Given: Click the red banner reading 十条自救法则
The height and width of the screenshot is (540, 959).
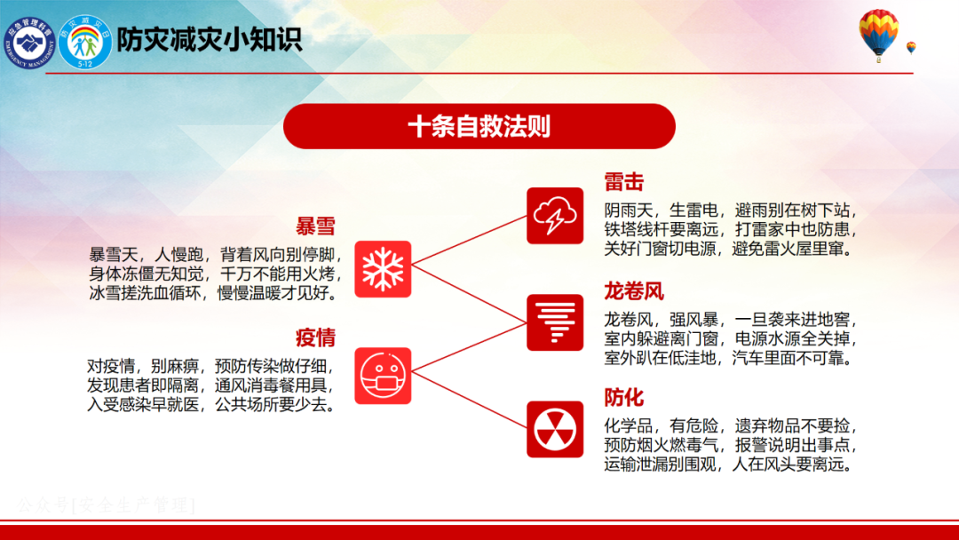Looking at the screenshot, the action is [479, 126].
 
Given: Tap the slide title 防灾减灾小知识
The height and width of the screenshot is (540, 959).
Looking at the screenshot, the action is [210, 40].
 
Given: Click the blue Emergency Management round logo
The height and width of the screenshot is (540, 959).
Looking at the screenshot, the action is [28, 43].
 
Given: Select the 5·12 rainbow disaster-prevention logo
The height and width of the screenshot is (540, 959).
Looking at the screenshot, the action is [85, 43].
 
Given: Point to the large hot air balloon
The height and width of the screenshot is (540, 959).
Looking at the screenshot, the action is [878, 35].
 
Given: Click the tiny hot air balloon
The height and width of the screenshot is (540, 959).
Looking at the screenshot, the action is [911, 48].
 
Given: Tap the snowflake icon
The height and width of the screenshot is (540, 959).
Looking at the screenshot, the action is [383, 269].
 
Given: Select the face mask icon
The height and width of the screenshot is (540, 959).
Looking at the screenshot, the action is [383, 376].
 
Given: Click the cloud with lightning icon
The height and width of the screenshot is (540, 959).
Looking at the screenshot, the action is [555, 216].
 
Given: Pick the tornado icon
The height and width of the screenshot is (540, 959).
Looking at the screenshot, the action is [555, 322].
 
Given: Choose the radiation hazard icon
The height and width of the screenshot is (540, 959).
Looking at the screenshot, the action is [555, 429].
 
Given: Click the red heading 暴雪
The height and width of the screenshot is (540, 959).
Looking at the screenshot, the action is [315, 226].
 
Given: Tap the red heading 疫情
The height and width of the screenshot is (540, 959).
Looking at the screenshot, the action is [315, 337].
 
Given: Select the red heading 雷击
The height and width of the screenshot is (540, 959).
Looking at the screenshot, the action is [624, 182].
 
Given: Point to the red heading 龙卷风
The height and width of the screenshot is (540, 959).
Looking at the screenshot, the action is [634, 291].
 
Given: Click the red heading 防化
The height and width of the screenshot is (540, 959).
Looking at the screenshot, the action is [624, 398].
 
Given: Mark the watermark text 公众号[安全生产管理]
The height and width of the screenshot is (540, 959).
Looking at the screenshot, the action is [106, 505].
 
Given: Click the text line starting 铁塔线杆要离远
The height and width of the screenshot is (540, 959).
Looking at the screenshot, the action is [731, 230].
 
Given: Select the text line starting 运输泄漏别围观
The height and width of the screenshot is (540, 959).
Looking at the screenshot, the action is [729, 465].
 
